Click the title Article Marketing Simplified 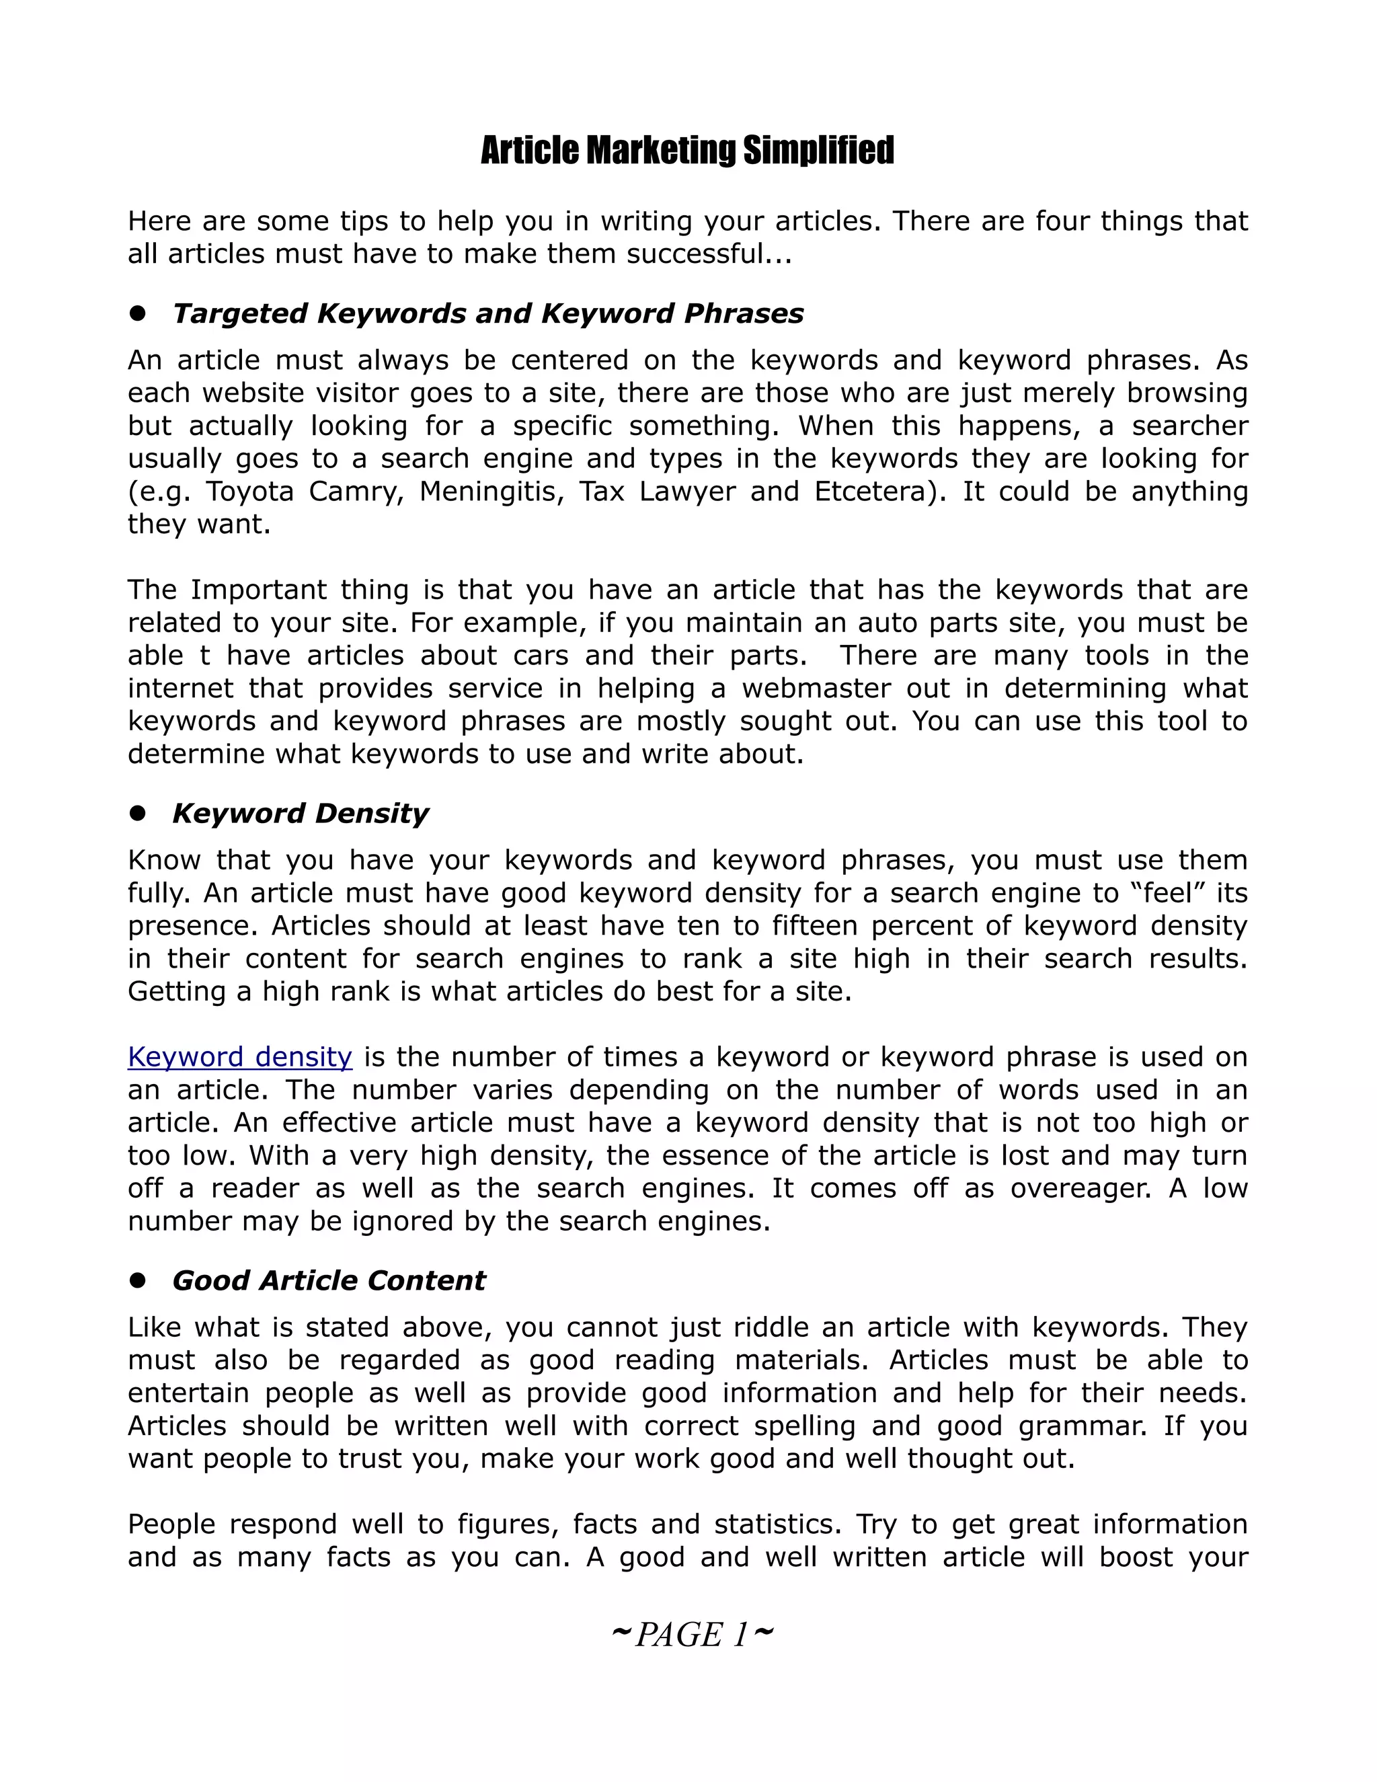[688, 151]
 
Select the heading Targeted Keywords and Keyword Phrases [488, 313]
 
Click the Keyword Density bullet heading [300, 813]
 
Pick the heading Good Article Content [329, 1280]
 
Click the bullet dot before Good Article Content [137, 1280]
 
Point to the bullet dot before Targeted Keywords [137, 313]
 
